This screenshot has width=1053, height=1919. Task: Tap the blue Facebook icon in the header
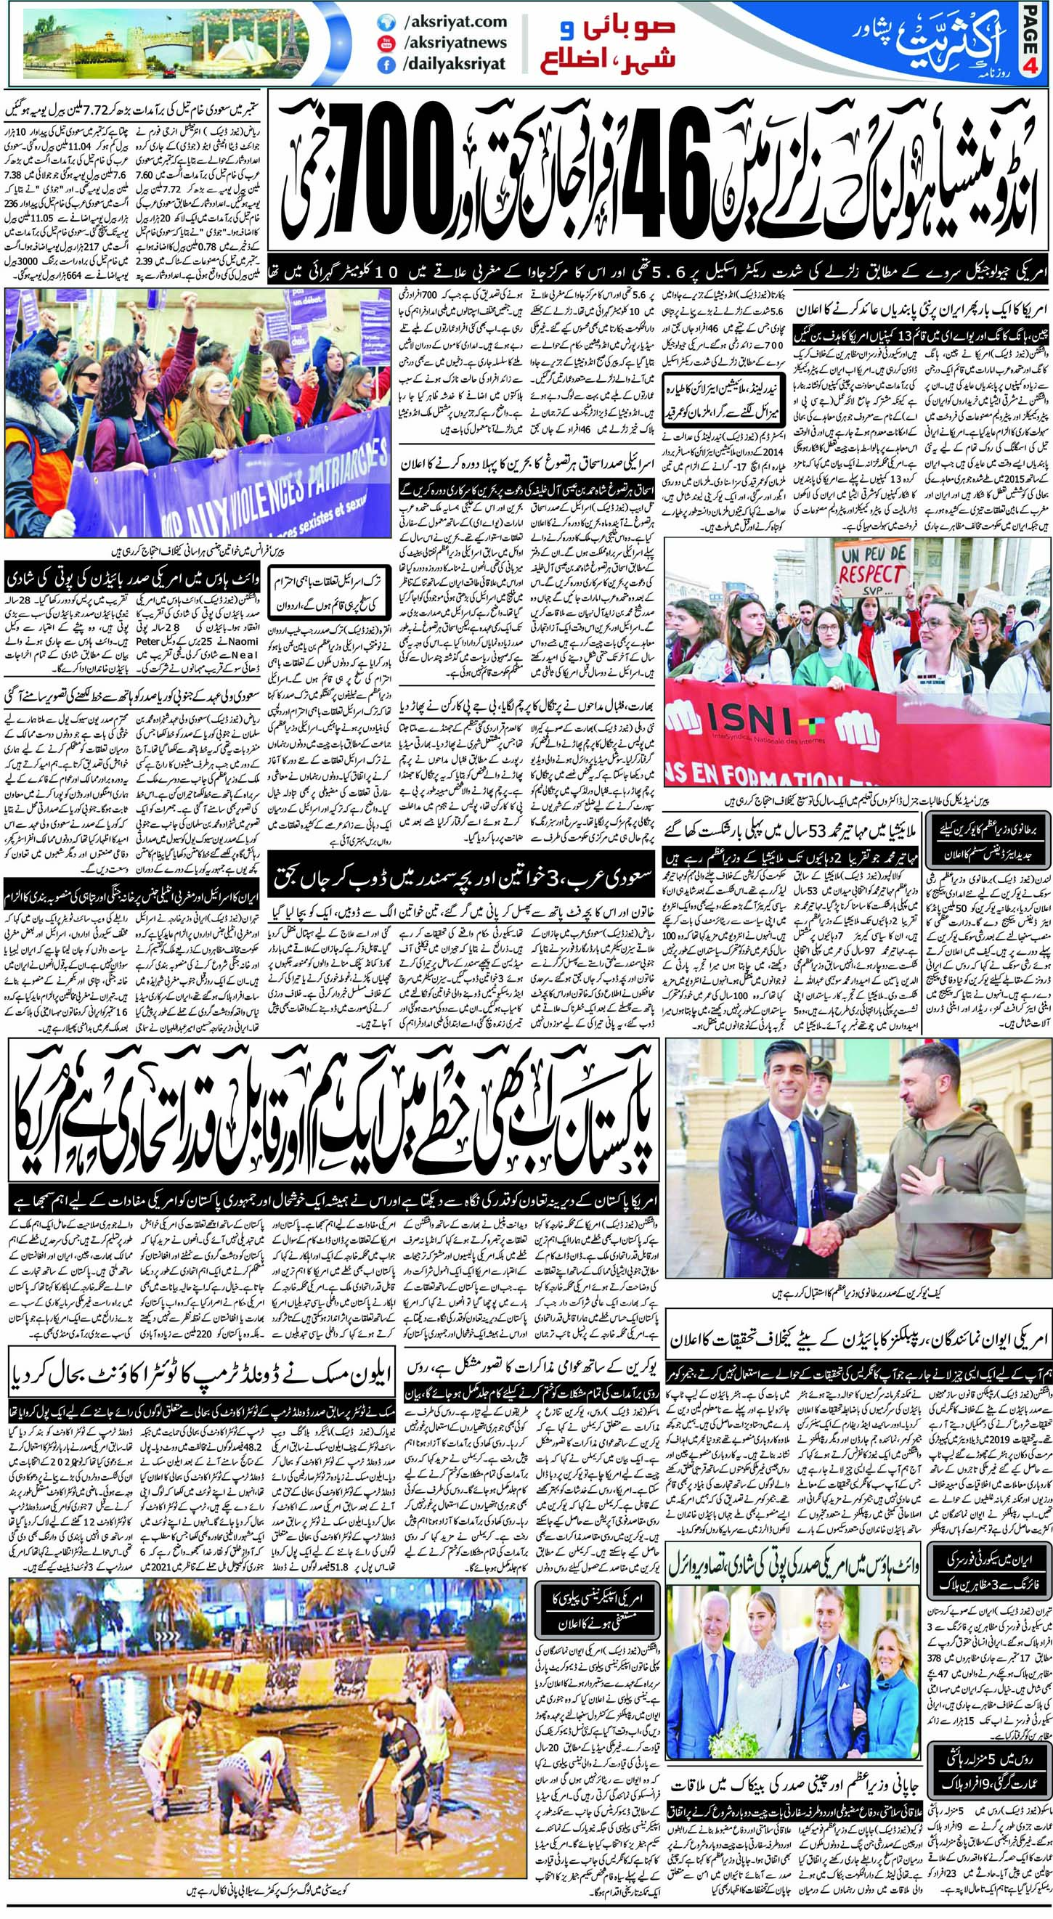(387, 65)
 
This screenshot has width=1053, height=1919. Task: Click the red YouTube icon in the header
(387, 44)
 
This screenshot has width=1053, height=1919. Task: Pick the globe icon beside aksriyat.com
(387, 23)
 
